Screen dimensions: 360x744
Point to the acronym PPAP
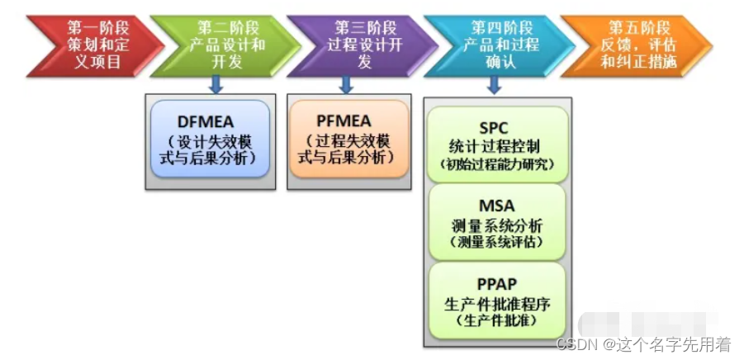[x=495, y=285]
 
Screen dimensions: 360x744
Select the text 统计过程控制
[x=496, y=146]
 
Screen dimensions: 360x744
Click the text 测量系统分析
[x=496, y=225]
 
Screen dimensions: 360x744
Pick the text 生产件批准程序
[x=496, y=303]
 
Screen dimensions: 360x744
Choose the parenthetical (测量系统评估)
[x=496, y=243]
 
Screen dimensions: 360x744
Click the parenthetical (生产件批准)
[x=496, y=320]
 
